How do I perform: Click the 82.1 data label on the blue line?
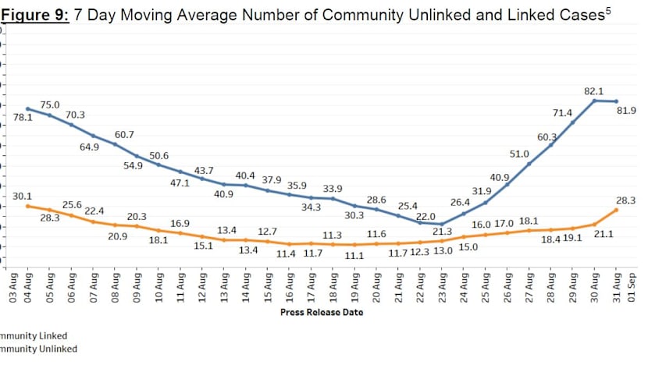pos(594,91)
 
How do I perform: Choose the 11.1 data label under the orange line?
pos(355,255)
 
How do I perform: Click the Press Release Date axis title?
pos(322,312)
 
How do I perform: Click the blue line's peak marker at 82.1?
pos(595,101)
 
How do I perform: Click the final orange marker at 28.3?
pos(617,210)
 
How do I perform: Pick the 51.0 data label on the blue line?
pos(519,154)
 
